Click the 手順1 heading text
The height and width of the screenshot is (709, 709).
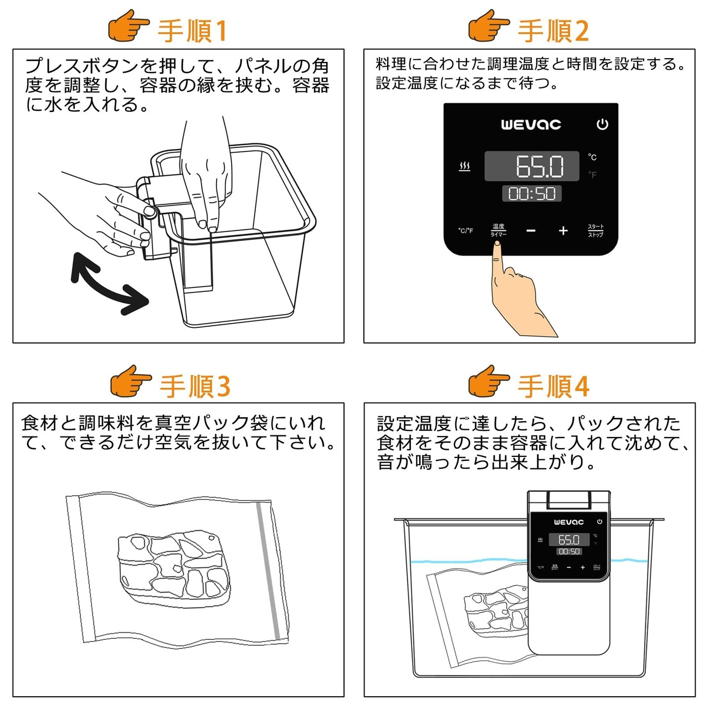(192, 31)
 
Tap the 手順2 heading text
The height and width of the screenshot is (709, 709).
(552, 31)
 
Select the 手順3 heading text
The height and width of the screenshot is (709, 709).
(194, 386)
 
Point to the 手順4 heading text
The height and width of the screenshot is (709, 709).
(553, 386)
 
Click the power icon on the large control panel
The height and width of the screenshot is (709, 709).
(602, 125)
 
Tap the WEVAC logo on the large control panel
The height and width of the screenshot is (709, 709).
(531, 125)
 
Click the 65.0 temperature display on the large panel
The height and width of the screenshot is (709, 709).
(540, 166)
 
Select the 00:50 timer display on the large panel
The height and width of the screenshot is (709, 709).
(532, 193)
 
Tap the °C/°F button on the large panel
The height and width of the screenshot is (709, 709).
(465, 230)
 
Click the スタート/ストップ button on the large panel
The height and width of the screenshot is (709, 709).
(595, 230)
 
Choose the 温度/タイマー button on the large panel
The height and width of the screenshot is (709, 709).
(499, 230)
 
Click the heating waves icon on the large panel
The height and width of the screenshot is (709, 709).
(465, 166)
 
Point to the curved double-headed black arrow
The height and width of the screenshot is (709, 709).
(110, 284)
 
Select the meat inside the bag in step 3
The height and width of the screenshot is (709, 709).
(173, 566)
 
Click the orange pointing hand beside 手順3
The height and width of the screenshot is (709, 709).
(131, 381)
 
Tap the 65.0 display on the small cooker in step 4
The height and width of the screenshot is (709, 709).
(569, 540)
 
